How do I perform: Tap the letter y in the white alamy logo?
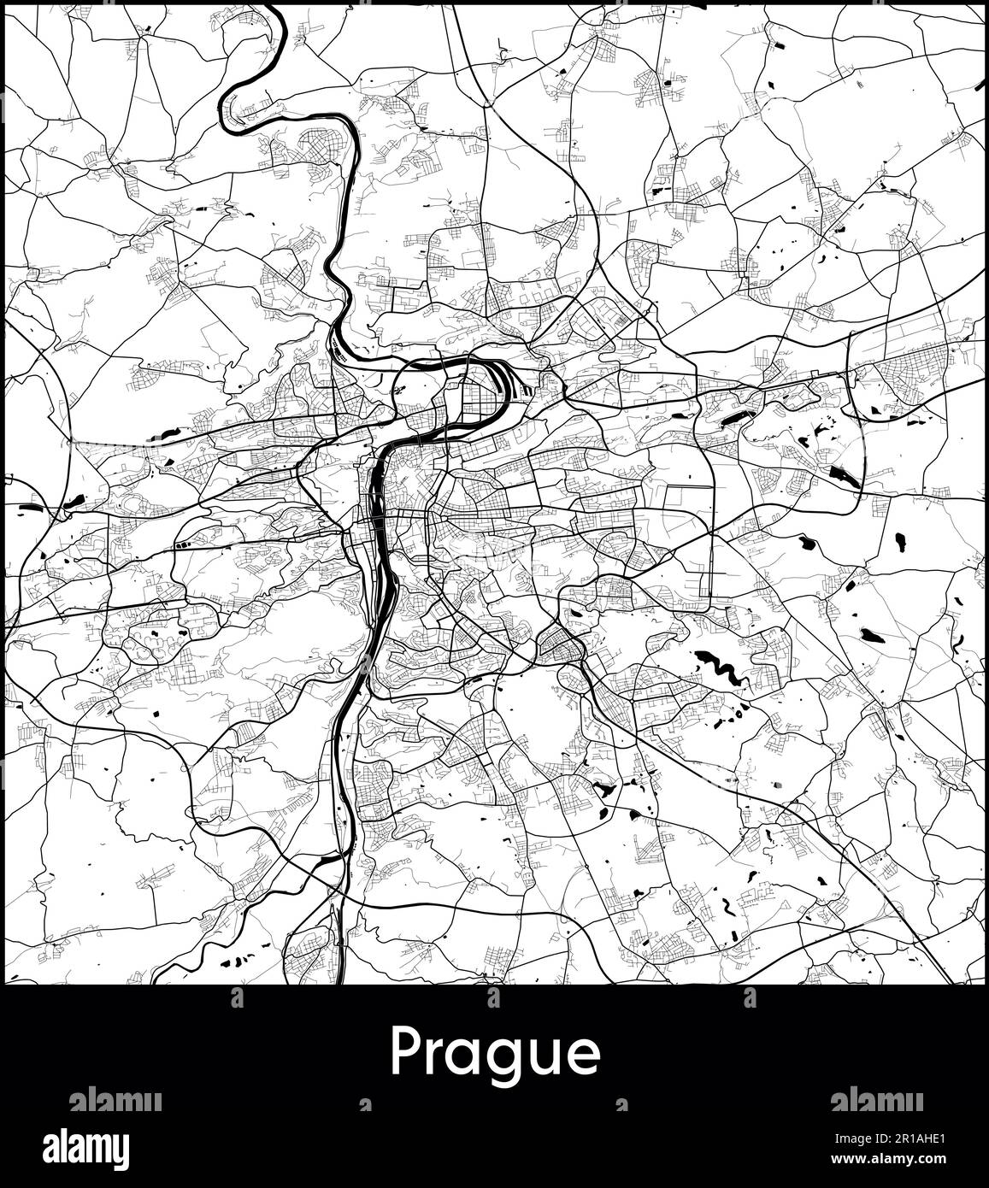click(120, 1150)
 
